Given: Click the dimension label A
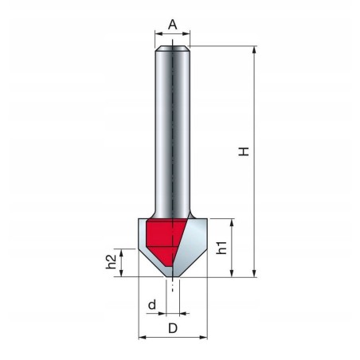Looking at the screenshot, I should click(173, 24).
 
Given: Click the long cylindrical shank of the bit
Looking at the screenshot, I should click(173, 135).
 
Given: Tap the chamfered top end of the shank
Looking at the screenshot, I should click(173, 49).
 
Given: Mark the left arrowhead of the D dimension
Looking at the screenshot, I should click(143, 336).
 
